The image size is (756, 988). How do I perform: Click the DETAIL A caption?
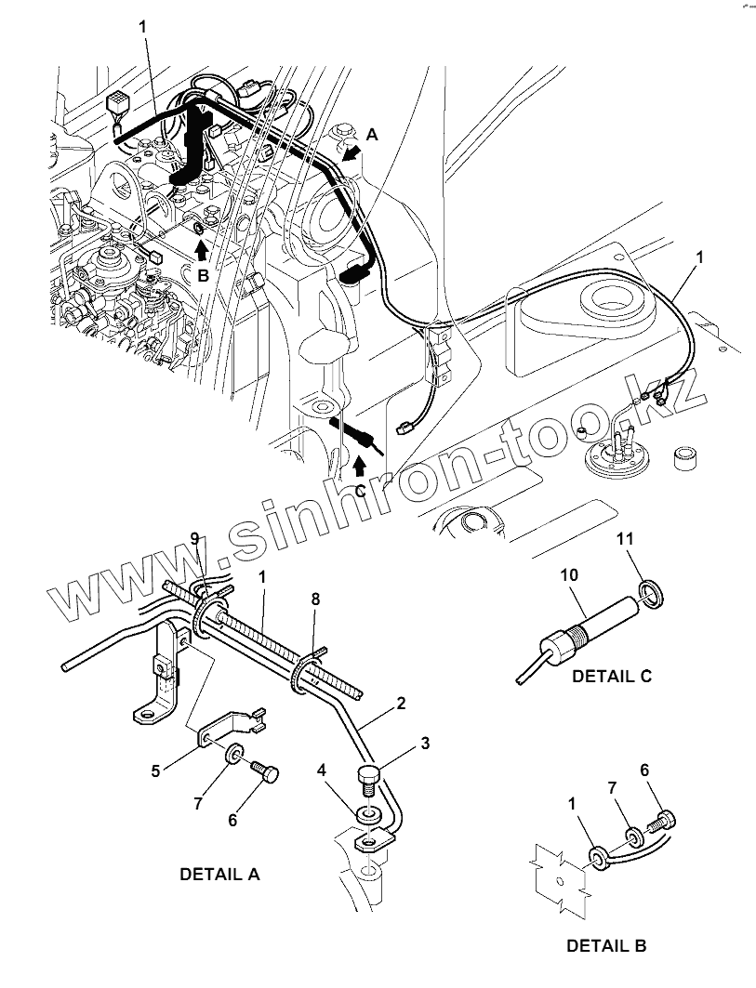click(x=219, y=875)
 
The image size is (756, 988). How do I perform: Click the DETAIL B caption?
click(x=606, y=946)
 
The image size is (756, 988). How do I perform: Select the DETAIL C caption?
click(x=612, y=676)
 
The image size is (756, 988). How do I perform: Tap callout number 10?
click(x=568, y=576)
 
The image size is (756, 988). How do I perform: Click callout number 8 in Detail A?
click(x=315, y=600)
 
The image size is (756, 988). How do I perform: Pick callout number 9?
click(x=195, y=539)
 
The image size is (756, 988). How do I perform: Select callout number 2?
click(x=401, y=703)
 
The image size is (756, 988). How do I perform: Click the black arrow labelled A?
click(x=351, y=154)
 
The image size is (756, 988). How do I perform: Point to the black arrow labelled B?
click(x=201, y=250)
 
